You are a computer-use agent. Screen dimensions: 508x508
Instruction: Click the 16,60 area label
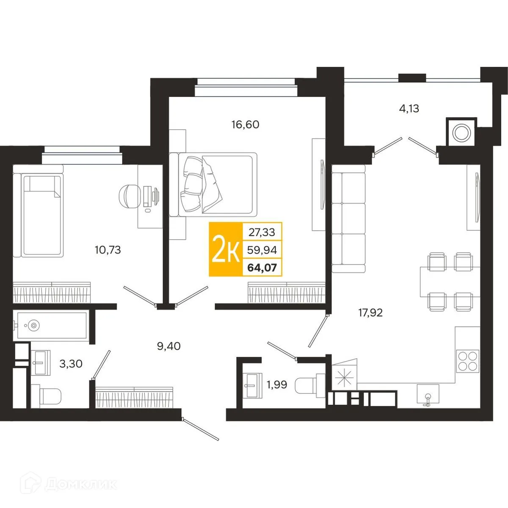[245, 124]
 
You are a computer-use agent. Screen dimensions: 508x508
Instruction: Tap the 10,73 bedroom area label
[108, 250]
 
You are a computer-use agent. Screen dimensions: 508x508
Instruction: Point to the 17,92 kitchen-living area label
[370, 313]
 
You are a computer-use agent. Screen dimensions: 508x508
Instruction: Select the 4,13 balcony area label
[409, 108]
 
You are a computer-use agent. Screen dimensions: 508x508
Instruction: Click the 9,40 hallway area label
[169, 346]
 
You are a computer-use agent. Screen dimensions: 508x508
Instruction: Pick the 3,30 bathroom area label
[71, 364]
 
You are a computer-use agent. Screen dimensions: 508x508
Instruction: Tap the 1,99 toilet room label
[277, 385]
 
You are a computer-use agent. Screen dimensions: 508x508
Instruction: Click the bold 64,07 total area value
[262, 268]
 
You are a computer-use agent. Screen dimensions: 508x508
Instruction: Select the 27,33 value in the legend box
[262, 232]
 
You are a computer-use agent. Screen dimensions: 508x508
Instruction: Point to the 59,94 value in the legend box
[262, 250]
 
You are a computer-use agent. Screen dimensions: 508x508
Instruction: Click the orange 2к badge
[226, 249]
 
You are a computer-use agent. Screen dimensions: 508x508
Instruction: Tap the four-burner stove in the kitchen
[468, 361]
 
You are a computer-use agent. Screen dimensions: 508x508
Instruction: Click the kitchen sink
[428, 395]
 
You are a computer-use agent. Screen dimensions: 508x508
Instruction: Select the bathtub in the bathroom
[51, 326]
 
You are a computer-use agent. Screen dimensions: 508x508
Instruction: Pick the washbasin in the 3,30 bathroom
[41, 362]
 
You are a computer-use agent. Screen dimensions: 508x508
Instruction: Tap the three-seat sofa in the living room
[348, 218]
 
